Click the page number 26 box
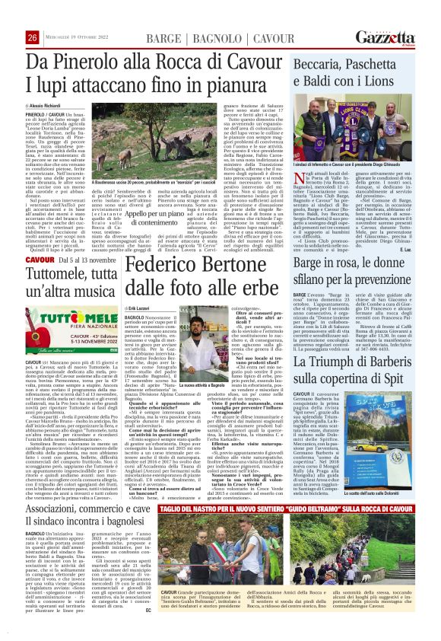[x=32, y=38]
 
